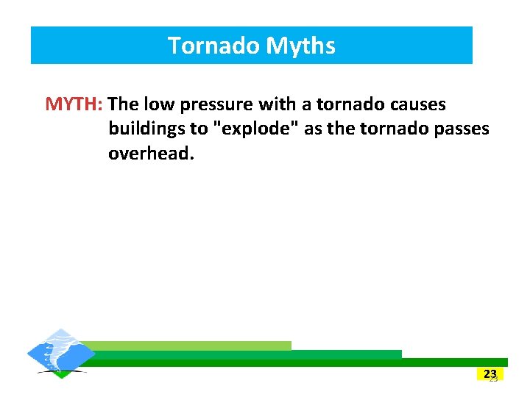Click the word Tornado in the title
(x=214, y=46)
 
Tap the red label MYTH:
(x=74, y=104)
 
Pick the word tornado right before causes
(x=346, y=104)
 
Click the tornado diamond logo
(x=61, y=354)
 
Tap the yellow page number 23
(x=490, y=374)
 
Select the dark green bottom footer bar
(x=294, y=362)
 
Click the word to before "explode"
(x=199, y=129)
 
